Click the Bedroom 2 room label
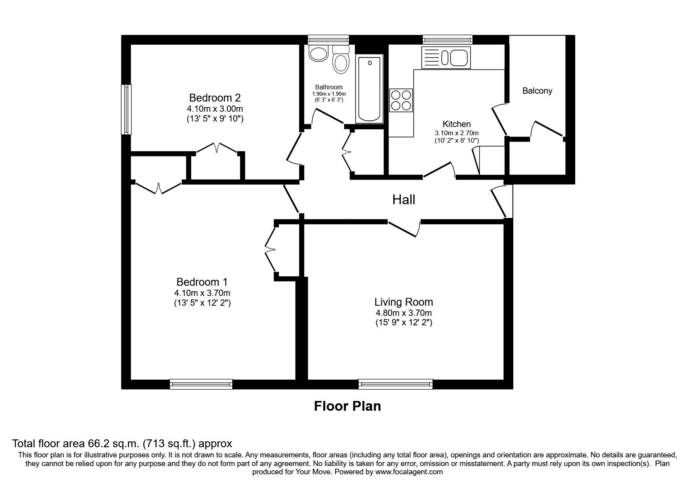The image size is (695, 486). [x=215, y=98]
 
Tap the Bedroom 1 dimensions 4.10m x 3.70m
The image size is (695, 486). [x=202, y=293]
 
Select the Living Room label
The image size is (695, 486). [x=403, y=302]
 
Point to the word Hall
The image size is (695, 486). [x=403, y=200]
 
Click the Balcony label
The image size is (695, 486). [x=537, y=91]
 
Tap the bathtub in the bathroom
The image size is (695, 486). [x=369, y=89]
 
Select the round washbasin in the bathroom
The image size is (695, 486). [x=318, y=54]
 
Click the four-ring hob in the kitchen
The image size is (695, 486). [x=401, y=100]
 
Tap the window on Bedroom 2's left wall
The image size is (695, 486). [x=126, y=110]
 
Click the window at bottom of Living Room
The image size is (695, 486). [x=396, y=384]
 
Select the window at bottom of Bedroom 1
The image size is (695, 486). [x=201, y=384]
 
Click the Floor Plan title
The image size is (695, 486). [x=347, y=406]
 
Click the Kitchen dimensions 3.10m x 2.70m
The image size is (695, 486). [x=456, y=133]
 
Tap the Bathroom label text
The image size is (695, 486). [x=329, y=87]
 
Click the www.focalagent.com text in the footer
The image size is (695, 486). [x=409, y=472]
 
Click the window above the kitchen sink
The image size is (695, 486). [x=447, y=39]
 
